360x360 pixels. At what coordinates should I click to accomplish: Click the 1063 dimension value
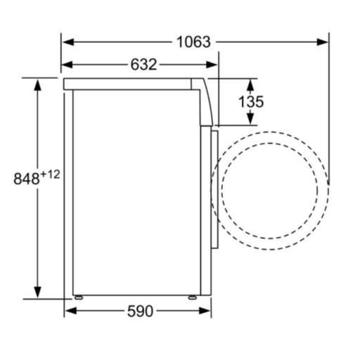(x=193, y=42)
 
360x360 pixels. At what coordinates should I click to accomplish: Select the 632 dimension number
(x=143, y=65)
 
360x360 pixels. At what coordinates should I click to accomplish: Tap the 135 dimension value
(x=251, y=101)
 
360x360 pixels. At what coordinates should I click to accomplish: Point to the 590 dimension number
(x=140, y=311)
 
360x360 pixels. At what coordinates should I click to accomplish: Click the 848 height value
(x=27, y=179)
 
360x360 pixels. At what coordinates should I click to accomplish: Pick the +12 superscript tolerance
(x=50, y=174)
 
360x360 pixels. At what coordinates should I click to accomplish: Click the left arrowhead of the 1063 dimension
(x=68, y=42)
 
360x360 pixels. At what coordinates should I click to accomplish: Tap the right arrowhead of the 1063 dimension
(x=322, y=42)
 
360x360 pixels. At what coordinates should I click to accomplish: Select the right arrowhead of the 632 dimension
(x=212, y=65)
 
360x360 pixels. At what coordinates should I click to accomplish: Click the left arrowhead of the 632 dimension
(x=67, y=65)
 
